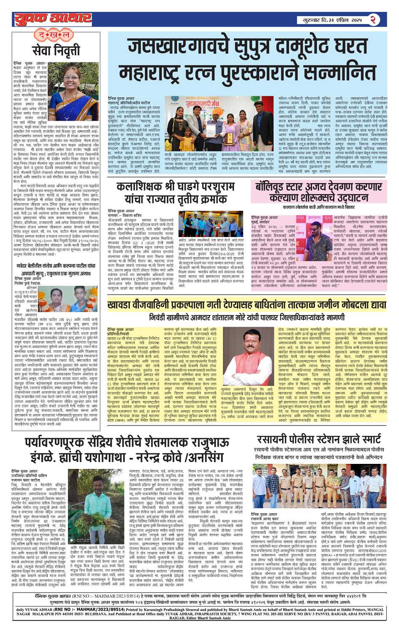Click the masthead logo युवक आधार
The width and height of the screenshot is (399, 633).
click(x=53, y=19)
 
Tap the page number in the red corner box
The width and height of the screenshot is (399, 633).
click(x=373, y=19)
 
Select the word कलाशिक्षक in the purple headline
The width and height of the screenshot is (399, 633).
click(x=145, y=187)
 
